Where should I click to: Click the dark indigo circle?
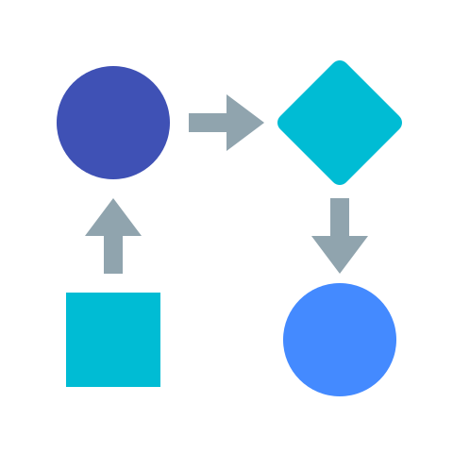click(113, 123)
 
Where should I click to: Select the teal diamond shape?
click(340, 123)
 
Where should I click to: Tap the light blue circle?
click(340, 340)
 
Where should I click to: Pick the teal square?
click(113, 340)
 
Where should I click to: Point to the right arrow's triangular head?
click(243, 123)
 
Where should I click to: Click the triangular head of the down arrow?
click(340, 253)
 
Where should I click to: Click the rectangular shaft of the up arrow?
click(113, 255)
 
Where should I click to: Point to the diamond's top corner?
click(340, 62)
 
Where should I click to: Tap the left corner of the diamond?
click(279, 123)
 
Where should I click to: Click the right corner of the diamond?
click(400, 123)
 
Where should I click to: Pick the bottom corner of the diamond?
click(340, 183)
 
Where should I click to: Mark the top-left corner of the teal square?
click(68, 294)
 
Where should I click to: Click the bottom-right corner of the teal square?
click(159, 385)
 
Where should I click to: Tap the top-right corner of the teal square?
click(159, 294)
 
